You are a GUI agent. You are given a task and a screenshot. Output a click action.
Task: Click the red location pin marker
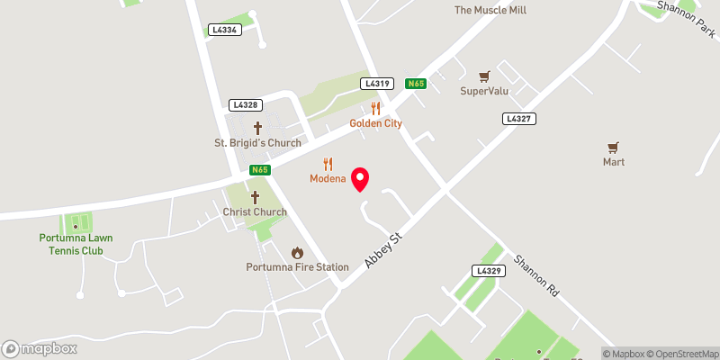coord(360,178)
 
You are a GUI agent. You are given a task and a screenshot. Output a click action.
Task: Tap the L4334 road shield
coord(224,30)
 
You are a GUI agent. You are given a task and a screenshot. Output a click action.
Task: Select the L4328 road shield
coord(245,104)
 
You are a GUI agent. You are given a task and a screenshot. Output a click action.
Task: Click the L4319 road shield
coord(377,83)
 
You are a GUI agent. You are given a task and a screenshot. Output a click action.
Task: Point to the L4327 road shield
coord(518,118)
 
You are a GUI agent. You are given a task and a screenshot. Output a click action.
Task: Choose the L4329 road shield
coord(487,270)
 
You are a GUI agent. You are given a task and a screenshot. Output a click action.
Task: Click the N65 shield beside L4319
coord(415,83)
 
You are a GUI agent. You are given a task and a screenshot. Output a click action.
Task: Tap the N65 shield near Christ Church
coord(259,169)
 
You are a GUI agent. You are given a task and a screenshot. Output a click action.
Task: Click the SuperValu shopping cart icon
coord(484,76)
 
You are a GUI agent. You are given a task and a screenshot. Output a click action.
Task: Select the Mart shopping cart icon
coord(614,147)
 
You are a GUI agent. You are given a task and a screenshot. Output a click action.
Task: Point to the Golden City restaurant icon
coord(376,108)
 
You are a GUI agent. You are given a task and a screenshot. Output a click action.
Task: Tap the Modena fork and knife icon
coord(328,164)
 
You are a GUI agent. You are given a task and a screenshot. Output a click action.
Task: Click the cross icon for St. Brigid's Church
coord(257,128)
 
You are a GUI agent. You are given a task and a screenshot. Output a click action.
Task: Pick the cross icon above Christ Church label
coord(255,197)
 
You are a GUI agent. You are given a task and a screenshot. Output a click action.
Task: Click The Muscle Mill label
coord(490,11)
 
